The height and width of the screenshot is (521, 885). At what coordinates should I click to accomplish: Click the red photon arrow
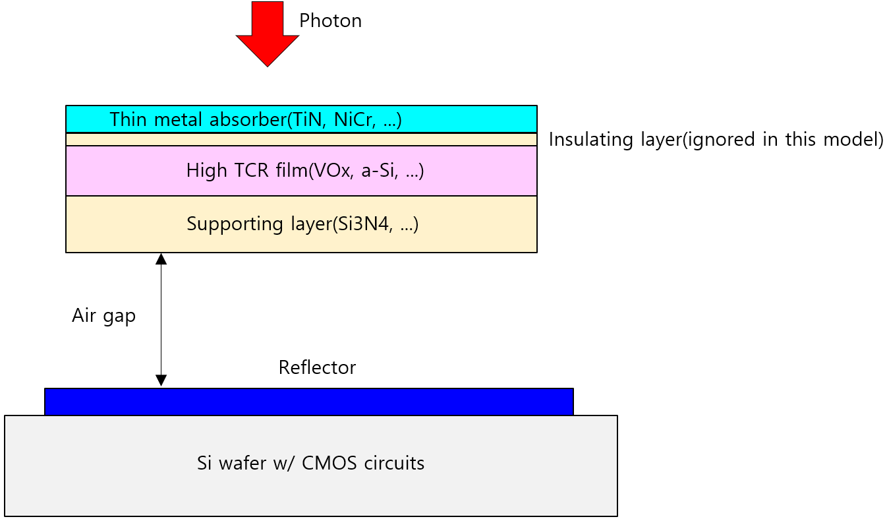268,33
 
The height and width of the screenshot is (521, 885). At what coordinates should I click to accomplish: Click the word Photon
330,21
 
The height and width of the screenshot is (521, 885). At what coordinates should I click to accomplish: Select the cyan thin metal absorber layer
461,119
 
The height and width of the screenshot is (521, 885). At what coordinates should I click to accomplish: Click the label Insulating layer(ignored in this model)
716,140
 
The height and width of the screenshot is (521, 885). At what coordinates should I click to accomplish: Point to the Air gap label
103,316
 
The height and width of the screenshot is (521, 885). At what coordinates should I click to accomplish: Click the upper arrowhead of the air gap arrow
161,259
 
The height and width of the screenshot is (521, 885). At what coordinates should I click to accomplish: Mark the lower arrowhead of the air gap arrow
161,381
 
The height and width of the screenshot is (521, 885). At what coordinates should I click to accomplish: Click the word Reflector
317,368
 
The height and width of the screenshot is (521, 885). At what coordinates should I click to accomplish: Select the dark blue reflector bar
308,402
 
